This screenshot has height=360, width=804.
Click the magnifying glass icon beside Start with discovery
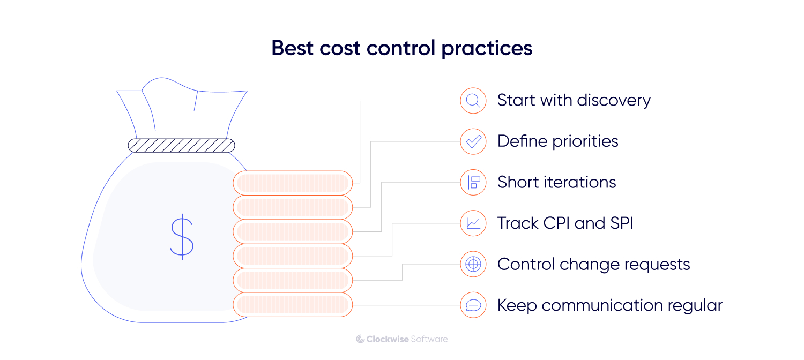pos(473,100)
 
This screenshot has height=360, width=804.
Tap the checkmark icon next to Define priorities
pos(473,141)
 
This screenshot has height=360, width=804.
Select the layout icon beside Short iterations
pos(473,182)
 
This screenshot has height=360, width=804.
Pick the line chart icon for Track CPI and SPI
pos(473,223)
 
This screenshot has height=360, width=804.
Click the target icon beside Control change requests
pos(473,264)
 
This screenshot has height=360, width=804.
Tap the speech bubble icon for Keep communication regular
pos(473,305)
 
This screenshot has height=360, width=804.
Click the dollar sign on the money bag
pos(182,236)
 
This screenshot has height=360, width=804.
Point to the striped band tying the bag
pos(181,145)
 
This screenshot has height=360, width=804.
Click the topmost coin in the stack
pos(293,183)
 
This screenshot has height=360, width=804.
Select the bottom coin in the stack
pos(293,305)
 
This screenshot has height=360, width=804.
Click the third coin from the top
pos(293,232)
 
